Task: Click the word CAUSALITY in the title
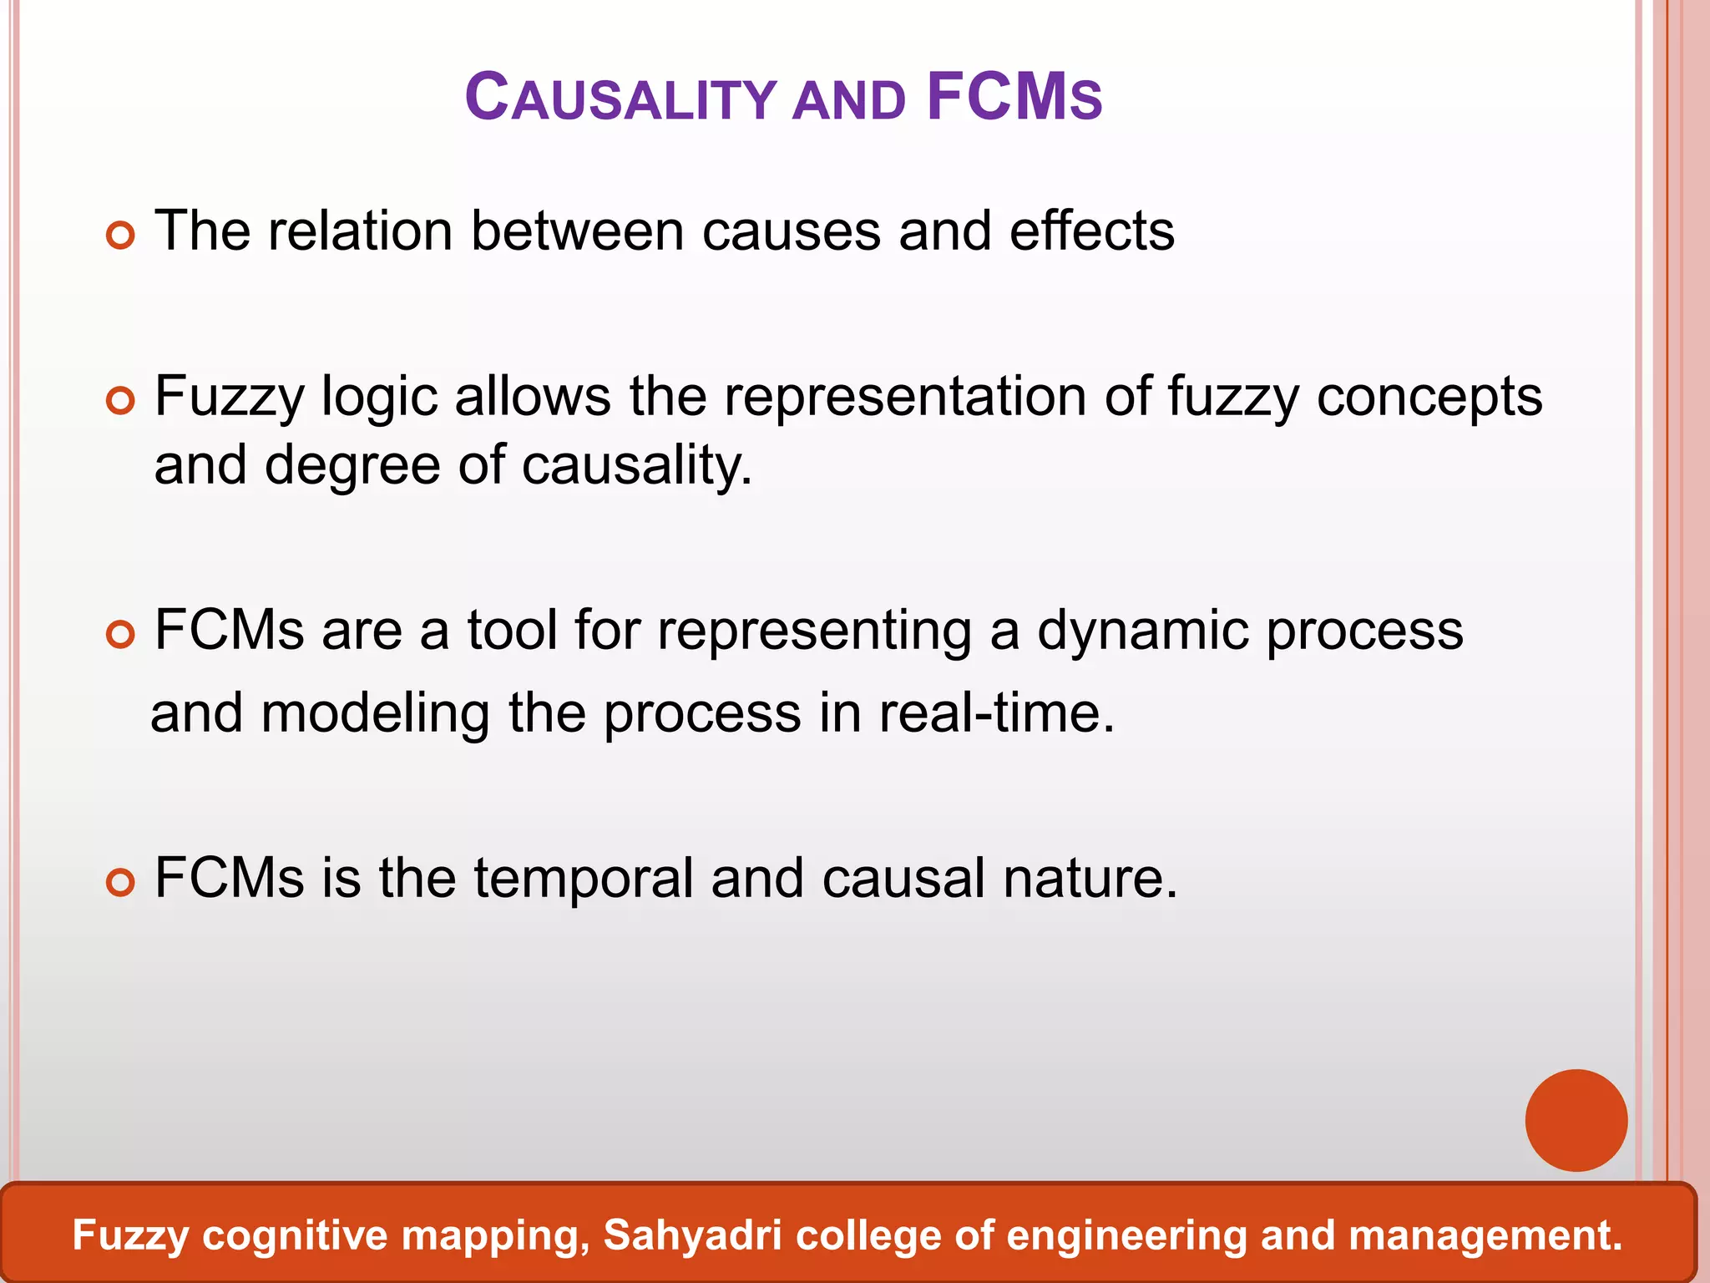pyautogui.click(x=620, y=98)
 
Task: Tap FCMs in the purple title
pyautogui.click(x=1014, y=98)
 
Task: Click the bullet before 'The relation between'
pyautogui.click(x=121, y=236)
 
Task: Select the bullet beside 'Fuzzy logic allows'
pyautogui.click(x=121, y=402)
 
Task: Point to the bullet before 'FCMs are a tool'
pyautogui.click(x=121, y=636)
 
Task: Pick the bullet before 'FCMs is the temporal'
pyautogui.click(x=121, y=883)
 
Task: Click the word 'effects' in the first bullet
pyautogui.click(x=1091, y=231)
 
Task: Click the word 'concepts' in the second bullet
pyautogui.click(x=1429, y=398)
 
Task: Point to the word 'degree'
pyautogui.click(x=352, y=466)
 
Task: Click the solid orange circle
pyautogui.click(x=1576, y=1120)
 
